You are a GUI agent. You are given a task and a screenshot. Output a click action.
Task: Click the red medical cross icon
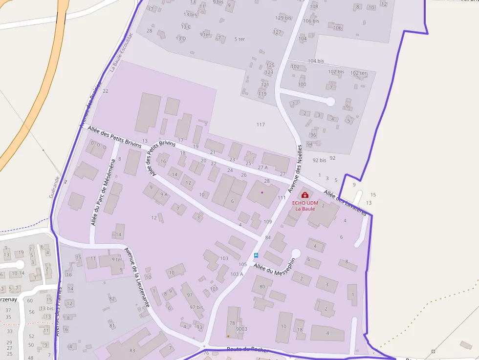[x=305, y=195]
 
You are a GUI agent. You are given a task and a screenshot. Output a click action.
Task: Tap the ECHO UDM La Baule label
[x=305, y=206]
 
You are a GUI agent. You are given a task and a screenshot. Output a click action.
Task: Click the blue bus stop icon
[x=256, y=255]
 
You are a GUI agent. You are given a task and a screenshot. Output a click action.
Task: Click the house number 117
[x=261, y=125]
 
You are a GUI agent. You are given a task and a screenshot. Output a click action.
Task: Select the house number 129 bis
[x=283, y=18]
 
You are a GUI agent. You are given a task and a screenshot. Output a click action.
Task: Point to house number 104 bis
[x=316, y=61]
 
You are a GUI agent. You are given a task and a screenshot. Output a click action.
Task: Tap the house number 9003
[x=241, y=329]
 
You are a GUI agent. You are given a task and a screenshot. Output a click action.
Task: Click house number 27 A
[x=263, y=167]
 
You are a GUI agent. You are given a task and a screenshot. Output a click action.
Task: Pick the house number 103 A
[x=237, y=274]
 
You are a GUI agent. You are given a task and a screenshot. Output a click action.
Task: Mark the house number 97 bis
[x=196, y=307]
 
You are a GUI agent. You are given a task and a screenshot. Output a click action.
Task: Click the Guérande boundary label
[x=54, y=187]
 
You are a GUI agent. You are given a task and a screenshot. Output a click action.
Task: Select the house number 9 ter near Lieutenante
[x=116, y=259]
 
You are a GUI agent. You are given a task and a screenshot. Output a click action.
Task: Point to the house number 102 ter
[x=358, y=73]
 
